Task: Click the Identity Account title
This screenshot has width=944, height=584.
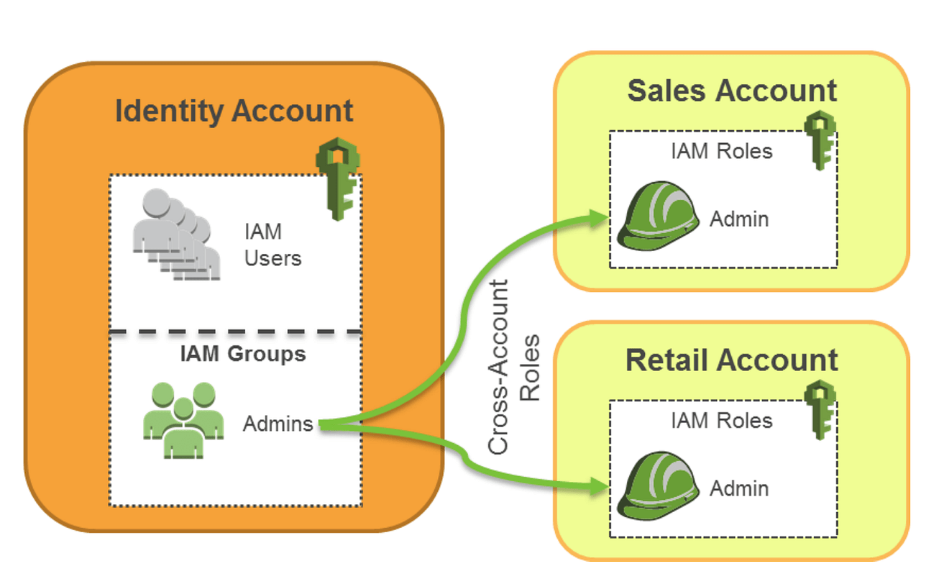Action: (234, 111)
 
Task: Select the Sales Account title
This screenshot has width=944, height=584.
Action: (732, 91)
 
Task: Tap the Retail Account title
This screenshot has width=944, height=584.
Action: (732, 360)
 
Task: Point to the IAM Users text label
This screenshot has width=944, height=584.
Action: (272, 245)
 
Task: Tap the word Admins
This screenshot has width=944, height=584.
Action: (278, 424)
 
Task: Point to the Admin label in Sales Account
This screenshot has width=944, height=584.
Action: (739, 219)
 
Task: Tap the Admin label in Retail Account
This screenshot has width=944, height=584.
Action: (739, 488)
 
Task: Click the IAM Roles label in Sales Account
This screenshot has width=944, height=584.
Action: (722, 152)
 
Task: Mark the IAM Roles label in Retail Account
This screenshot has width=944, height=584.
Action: (722, 421)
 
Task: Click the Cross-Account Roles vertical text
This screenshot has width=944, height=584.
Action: (513, 367)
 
